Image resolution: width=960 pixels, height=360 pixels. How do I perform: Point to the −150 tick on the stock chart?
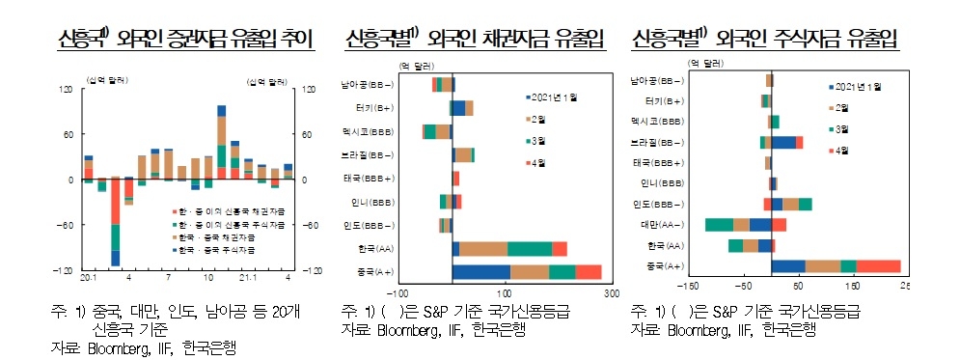coord(688,287)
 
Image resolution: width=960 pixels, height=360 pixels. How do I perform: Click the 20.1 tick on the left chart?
coord(90,279)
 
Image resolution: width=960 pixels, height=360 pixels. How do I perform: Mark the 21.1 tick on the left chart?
coord(247,279)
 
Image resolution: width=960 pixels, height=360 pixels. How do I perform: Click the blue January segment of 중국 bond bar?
coord(480,271)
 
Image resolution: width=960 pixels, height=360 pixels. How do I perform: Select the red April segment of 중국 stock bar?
coord(878,265)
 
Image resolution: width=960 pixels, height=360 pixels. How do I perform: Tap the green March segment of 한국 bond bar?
coord(530,249)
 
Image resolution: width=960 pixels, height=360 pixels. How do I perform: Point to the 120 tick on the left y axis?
coord(66,90)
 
